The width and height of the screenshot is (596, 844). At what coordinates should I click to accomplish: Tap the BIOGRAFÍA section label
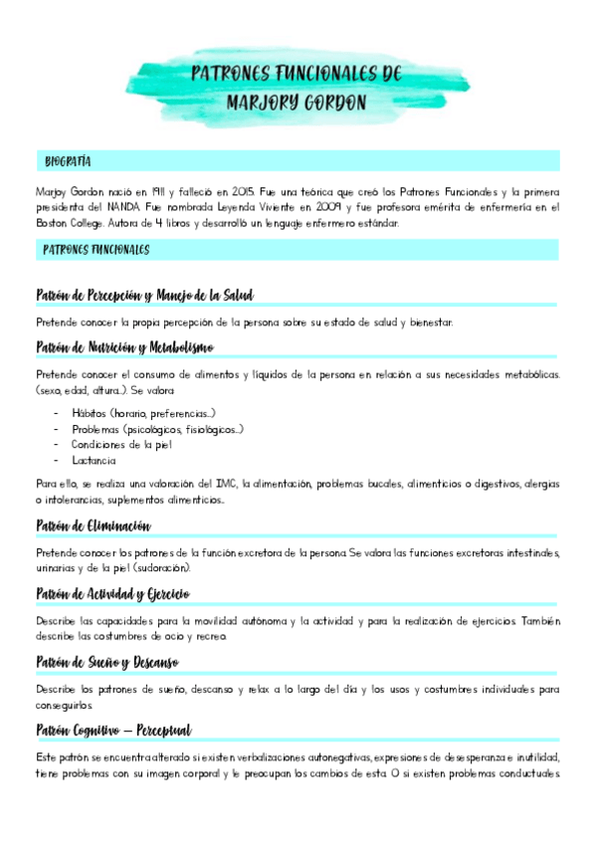click(x=69, y=160)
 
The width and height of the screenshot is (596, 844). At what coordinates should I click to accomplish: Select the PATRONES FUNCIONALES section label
click(x=97, y=250)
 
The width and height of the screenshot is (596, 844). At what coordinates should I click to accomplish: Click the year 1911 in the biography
click(x=146, y=190)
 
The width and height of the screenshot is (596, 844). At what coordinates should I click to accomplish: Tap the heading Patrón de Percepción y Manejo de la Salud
click(x=144, y=295)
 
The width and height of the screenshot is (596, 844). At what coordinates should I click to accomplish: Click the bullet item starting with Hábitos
click(x=143, y=412)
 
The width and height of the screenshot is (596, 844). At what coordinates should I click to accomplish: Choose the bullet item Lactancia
click(x=94, y=460)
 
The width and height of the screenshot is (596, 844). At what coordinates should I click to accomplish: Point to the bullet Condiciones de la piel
click(x=121, y=444)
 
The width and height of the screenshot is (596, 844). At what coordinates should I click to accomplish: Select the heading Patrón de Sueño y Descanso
click(x=106, y=662)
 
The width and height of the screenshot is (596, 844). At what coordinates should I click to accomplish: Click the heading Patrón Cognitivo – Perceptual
click(x=113, y=731)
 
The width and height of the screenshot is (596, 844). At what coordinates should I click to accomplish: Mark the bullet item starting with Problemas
click(x=157, y=428)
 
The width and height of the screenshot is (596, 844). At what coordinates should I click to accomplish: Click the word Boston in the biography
click(x=52, y=223)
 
